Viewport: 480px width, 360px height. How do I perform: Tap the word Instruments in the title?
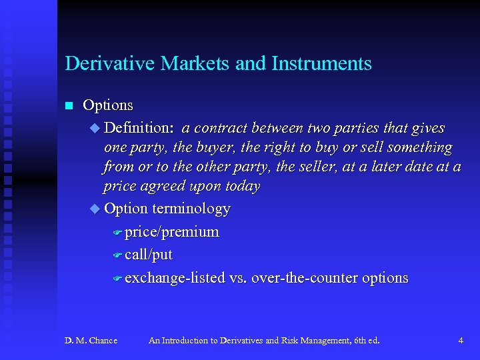[321, 64]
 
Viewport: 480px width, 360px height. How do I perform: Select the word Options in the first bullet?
[108, 105]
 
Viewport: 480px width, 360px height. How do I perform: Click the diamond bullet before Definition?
[94, 128]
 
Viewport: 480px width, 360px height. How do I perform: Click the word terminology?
[191, 209]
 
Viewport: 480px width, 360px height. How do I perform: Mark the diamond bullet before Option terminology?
[94, 209]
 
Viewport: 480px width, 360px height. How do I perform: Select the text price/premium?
[171, 232]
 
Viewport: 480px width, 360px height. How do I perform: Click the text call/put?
[149, 255]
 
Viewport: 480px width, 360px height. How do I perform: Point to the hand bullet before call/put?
[117, 255]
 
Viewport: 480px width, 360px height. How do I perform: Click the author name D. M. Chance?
[91, 341]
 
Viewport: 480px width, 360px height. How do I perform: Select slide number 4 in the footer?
[461, 341]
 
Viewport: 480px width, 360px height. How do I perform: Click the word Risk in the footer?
[287, 341]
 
